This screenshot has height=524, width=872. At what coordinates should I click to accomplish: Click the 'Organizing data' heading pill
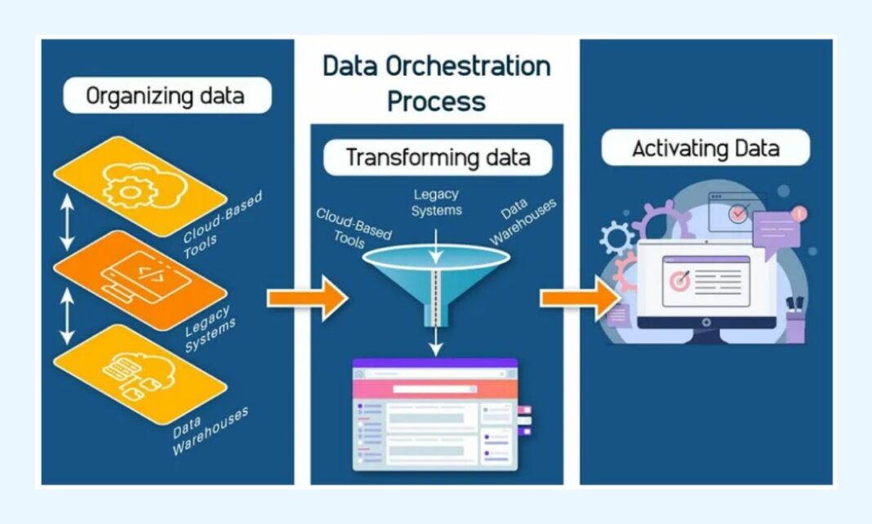coord(167,96)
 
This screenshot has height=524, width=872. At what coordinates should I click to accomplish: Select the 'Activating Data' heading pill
coord(705,149)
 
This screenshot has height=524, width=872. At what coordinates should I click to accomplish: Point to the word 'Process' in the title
coord(436,101)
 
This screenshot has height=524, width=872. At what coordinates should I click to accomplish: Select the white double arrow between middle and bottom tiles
coord(67,317)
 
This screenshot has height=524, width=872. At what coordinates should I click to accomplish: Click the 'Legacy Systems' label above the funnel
coord(437,202)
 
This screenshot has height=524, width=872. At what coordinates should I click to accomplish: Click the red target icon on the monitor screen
coord(680,280)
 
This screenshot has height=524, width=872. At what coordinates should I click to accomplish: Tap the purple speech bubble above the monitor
coord(776,231)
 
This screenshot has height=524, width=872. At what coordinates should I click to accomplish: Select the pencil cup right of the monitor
coord(795,320)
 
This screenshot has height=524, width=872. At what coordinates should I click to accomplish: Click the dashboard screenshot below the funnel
coord(436,414)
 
